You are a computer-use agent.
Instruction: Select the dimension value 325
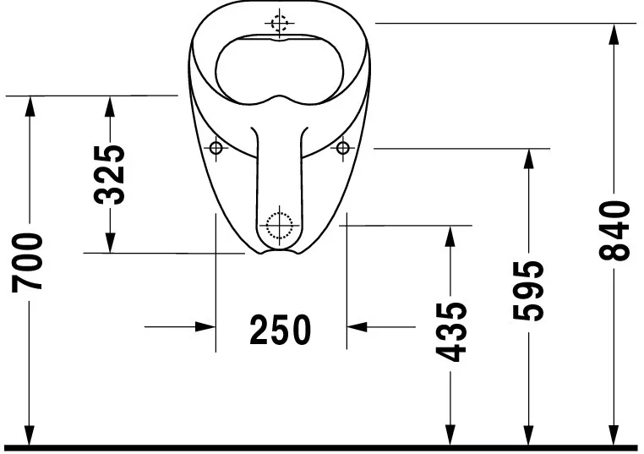(x=110, y=174)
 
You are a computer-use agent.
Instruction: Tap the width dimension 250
(x=281, y=329)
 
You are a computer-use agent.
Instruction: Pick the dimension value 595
(x=528, y=291)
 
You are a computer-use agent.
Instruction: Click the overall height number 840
(x=615, y=231)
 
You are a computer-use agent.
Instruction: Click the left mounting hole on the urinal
(x=216, y=149)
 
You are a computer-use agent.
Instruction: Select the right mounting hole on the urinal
(x=342, y=149)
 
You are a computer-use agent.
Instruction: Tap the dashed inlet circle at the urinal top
(x=280, y=22)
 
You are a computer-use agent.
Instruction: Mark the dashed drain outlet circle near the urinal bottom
(x=278, y=224)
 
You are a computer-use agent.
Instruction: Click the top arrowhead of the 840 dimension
(x=615, y=34)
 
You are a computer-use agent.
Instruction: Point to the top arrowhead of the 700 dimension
(x=30, y=107)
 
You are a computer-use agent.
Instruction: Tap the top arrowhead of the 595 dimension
(x=528, y=159)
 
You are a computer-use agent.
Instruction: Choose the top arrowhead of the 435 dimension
(x=450, y=236)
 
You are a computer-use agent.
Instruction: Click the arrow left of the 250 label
(x=204, y=325)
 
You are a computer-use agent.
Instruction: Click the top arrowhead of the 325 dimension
(x=110, y=107)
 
